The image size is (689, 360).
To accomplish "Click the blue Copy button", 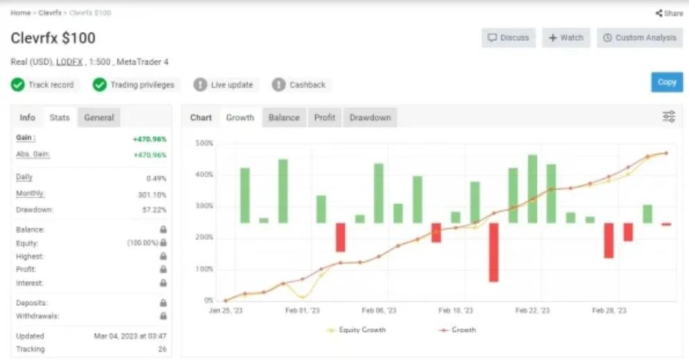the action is (x=667, y=82).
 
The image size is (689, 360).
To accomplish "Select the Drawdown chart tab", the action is (x=370, y=118).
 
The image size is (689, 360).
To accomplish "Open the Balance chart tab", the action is (x=284, y=118).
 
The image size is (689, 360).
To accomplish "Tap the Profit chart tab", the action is (x=324, y=118).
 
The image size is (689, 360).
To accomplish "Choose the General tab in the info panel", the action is (x=99, y=118).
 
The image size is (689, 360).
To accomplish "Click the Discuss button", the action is (x=508, y=38).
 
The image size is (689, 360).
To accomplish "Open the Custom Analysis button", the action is (x=640, y=38).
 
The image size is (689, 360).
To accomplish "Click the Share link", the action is (x=670, y=13).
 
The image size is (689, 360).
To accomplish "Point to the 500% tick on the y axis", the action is (x=204, y=143).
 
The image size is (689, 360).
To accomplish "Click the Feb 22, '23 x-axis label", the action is (x=532, y=311).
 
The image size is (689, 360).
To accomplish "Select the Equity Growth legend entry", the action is (x=356, y=329).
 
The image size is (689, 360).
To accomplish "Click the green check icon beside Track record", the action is (x=17, y=84).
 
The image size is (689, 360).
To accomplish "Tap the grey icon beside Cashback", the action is (x=279, y=84).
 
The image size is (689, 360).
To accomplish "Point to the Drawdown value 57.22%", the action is (x=154, y=210).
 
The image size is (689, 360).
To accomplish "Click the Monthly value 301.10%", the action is (x=152, y=195).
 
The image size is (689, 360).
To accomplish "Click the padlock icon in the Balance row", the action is (x=163, y=229).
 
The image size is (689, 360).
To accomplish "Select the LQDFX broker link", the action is (x=69, y=62).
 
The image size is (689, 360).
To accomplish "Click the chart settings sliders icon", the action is (x=669, y=117).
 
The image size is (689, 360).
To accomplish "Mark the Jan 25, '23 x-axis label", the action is (x=226, y=311).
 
